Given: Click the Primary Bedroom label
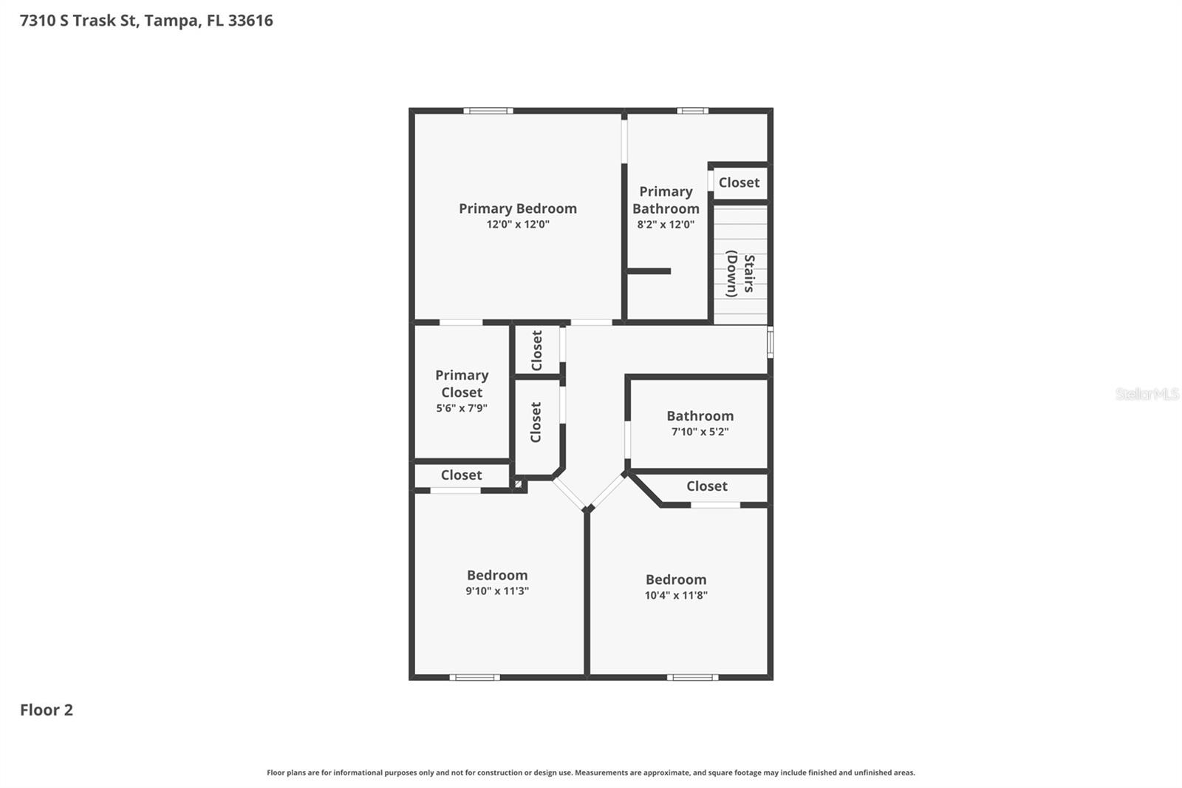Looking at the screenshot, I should pos(517,208).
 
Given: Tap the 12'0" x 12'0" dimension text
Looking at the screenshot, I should pos(517,225).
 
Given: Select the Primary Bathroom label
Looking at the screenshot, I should pos(666,200).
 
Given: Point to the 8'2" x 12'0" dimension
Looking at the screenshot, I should pos(666,225).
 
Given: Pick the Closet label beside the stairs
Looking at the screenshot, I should pos(739,183).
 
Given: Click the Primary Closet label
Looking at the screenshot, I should pos(462,384).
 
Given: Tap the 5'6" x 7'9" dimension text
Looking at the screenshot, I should pos(462,408).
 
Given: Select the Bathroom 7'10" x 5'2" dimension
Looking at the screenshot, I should pos(700,432).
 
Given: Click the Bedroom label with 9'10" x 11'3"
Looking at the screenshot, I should pos(497,575).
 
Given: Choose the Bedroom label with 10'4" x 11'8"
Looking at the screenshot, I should pos(676,580).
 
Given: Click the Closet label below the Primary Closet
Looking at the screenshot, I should pos(461,475).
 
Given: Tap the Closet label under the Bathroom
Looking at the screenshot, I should pos(707,486).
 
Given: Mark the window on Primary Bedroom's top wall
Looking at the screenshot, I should pos(488,111).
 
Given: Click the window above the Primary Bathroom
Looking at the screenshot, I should pos(692,111).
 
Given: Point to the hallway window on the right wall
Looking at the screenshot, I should pos(770,343).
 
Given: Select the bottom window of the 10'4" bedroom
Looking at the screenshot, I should pos(692,677).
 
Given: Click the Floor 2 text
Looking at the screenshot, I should pos(47,710).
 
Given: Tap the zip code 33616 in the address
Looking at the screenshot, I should pos(250,21).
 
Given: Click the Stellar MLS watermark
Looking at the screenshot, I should pos(1147,394).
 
